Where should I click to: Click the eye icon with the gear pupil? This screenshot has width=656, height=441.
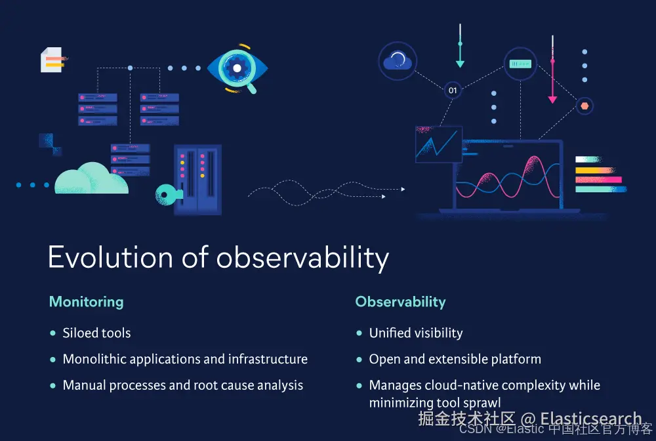237,68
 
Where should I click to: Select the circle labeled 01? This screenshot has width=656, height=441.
453,91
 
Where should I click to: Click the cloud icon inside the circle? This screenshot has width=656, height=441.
398,61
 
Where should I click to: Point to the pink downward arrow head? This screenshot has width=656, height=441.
552,100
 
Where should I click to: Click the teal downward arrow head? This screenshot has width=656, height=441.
460,64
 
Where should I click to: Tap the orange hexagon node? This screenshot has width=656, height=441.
584,106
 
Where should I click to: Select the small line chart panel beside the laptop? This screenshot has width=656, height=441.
438,144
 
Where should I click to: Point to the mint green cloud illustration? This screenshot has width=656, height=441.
92,178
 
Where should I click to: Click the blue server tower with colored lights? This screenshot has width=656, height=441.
197,180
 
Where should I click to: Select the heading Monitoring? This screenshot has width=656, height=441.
86,302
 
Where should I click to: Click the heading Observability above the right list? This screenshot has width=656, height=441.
400,302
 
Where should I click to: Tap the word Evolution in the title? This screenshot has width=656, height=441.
110,257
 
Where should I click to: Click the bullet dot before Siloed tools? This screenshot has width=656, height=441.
52,333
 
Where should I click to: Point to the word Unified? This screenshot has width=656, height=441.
390,333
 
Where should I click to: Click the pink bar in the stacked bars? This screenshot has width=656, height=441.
598,180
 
